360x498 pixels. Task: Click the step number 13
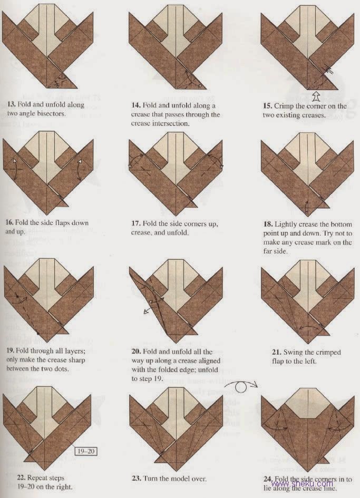pyautogui.click(x=10, y=105)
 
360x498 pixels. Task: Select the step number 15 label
pyautogui.click(x=268, y=105)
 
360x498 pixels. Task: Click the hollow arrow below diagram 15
pyautogui.click(x=316, y=95)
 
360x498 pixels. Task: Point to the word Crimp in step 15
pyautogui.click(x=286, y=105)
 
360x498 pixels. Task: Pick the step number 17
pyautogui.click(x=136, y=223)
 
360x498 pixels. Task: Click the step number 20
pyautogui.click(x=136, y=351)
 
